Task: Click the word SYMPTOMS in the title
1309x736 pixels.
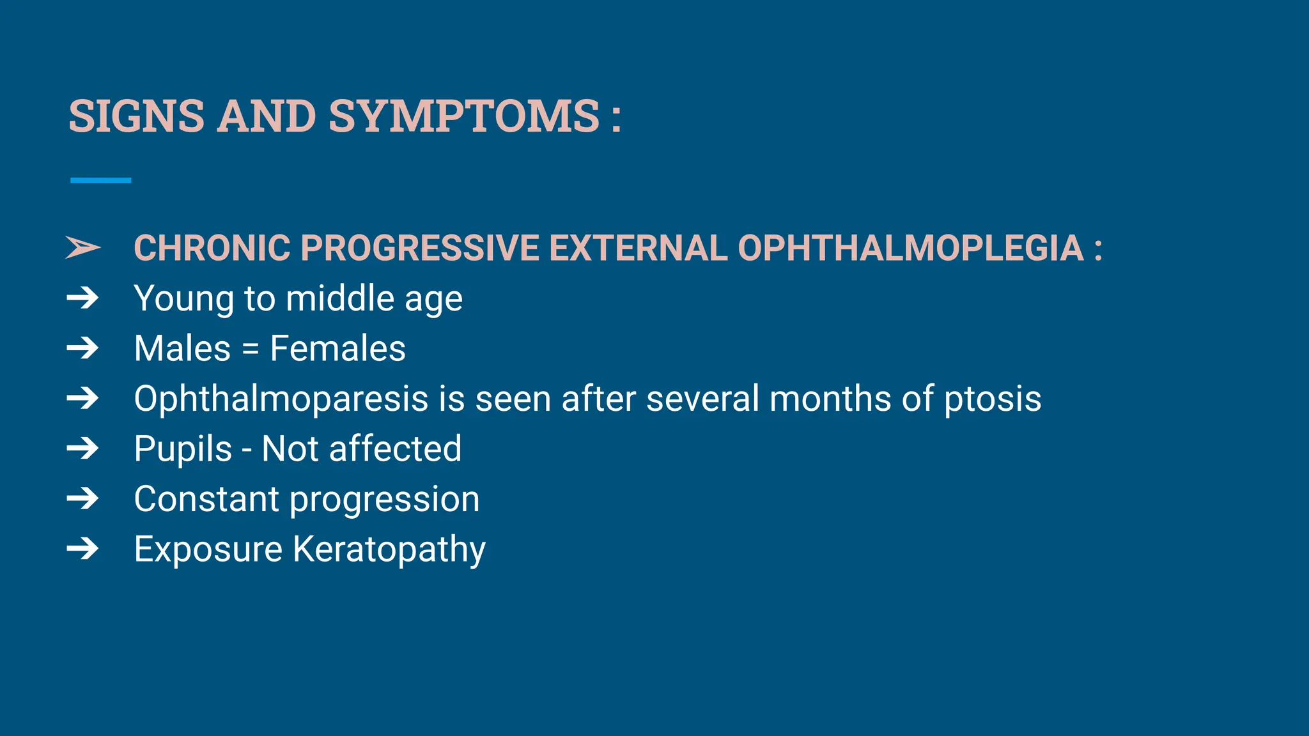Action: (464, 116)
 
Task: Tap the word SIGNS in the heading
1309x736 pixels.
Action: (136, 116)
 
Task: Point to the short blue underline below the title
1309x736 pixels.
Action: (100, 181)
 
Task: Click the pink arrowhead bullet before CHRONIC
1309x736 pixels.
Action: (83, 247)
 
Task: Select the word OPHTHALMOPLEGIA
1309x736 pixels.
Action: (910, 248)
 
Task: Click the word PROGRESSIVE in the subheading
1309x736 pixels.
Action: (419, 248)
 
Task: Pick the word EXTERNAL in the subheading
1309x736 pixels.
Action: (638, 248)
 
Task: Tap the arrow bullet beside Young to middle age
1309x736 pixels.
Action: (83, 298)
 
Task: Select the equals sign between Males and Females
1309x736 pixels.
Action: (251, 349)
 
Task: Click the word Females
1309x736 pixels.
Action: (337, 349)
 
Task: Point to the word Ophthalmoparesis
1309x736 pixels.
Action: (281, 399)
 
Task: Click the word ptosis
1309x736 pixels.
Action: (992, 399)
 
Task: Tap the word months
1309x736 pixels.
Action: (830, 399)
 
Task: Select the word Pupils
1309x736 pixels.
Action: (183, 449)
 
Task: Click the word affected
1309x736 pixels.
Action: (394, 448)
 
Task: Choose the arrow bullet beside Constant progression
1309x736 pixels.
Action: (83, 498)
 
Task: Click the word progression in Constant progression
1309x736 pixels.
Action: (384, 500)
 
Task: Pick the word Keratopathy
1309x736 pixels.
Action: (389, 549)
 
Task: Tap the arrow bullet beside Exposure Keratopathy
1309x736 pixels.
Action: (83, 549)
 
